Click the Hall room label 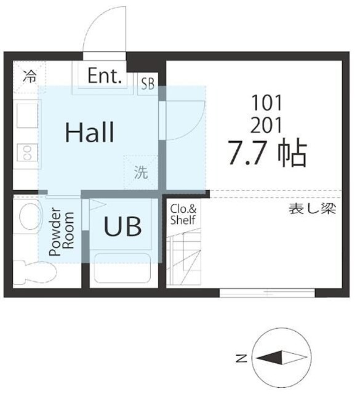(90, 132)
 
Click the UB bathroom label (122, 227)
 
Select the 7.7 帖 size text (266, 154)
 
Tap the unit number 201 (266, 126)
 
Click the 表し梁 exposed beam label (312, 209)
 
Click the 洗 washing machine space (142, 172)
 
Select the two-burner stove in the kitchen (26, 152)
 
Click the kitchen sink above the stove (26, 116)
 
